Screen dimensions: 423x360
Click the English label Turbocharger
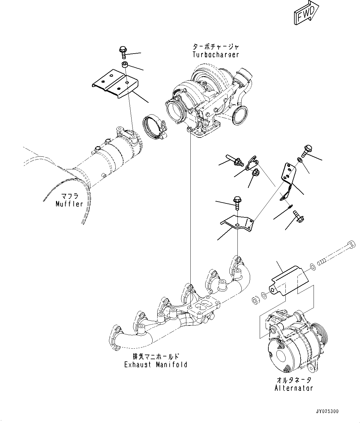pyautogui.click(x=216, y=55)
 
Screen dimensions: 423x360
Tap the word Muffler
pyautogui.click(x=69, y=204)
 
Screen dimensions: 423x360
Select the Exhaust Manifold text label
pyautogui.click(x=156, y=364)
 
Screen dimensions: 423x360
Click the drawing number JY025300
pyautogui.click(x=327, y=412)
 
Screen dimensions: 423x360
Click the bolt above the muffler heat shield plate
pyautogui.click(x=123, y=53)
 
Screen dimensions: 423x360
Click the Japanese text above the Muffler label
pyautogui.click(x=69, y=196)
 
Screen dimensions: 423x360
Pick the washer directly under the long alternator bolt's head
pyautogui.click(x=312, y=266)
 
